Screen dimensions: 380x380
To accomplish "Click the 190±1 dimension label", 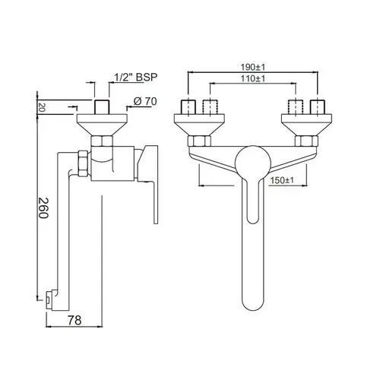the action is [252, 68].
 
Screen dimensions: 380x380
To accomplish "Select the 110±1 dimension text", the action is [252, 78].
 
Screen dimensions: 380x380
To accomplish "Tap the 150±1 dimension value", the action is [282, 181].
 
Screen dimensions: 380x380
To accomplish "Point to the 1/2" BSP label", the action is [136, 77].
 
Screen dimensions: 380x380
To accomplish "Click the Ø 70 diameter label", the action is [145, 101].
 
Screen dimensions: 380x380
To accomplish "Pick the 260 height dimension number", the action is [43, 208].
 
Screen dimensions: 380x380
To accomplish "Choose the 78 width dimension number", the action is [74, 320].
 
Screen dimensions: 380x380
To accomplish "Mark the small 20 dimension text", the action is [42, 108].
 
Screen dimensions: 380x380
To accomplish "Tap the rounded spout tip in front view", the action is [253, 302].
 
